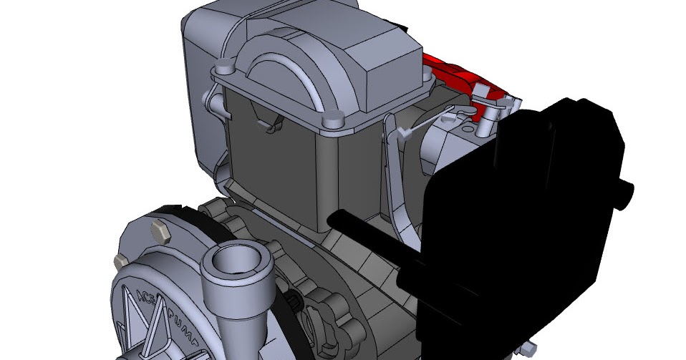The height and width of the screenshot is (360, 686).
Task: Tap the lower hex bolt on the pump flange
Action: (120, 260)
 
